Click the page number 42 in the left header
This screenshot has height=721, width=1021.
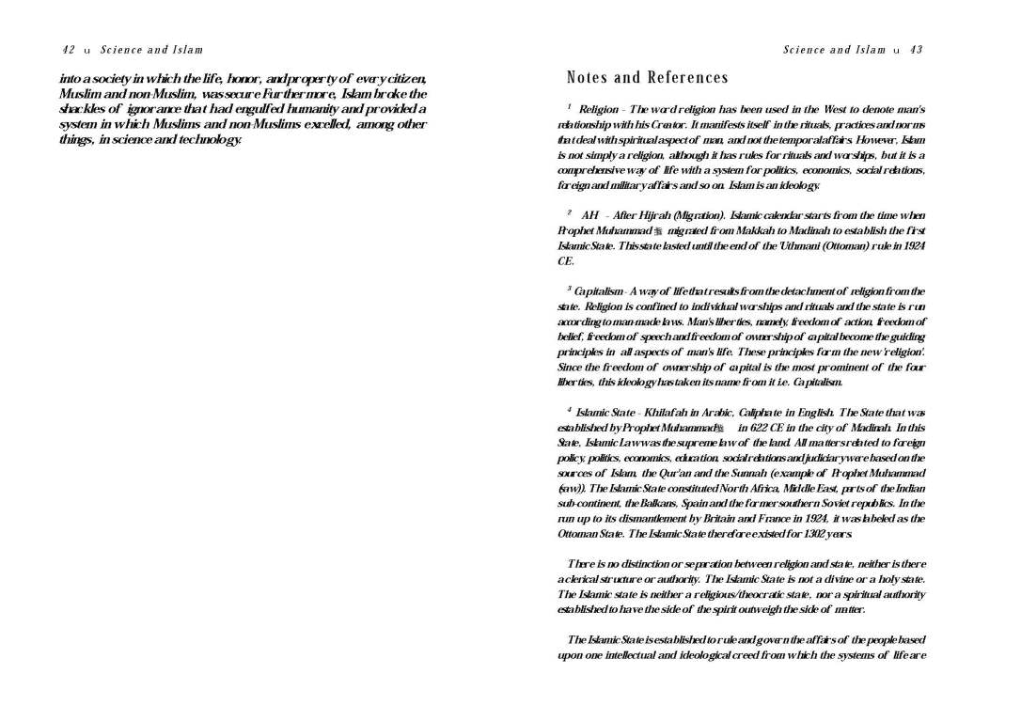point(69,50)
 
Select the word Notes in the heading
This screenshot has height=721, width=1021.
point(589,78)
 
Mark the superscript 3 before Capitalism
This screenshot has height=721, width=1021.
point(569,290)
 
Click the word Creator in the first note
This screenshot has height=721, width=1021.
point(693,125)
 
